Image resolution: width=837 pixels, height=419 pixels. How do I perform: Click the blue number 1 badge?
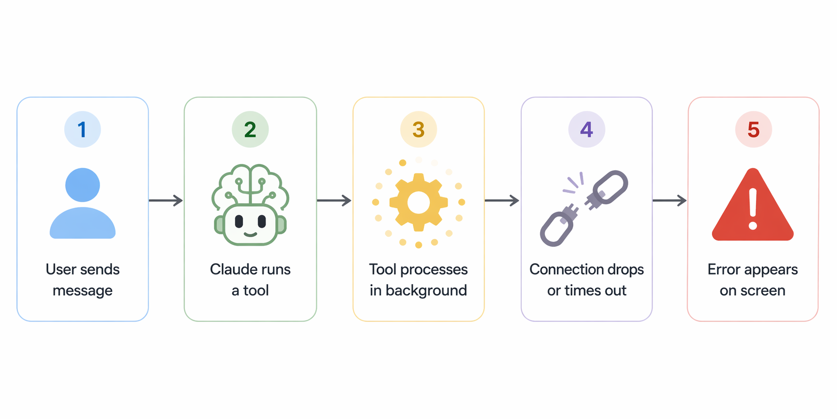83,129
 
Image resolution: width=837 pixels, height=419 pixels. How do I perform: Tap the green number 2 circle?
250,129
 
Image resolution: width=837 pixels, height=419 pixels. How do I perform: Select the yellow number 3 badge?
418,129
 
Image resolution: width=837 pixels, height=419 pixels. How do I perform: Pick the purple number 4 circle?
586,129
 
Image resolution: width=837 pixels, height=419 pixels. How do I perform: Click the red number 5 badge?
753,129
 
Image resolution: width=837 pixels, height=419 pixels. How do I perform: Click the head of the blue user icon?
83,185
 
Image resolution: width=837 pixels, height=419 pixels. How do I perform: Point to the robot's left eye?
239,221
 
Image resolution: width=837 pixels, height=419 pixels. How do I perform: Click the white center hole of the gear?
418,203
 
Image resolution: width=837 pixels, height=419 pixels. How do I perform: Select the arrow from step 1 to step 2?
166,201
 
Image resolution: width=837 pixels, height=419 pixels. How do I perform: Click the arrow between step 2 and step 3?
334,201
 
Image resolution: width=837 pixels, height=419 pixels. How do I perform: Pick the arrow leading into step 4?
502,201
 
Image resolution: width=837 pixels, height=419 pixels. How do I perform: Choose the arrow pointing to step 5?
670,201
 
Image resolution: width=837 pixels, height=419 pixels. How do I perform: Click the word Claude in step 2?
229,269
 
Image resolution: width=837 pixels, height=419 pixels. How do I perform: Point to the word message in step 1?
83,290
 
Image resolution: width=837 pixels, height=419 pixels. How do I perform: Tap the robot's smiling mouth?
250,234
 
